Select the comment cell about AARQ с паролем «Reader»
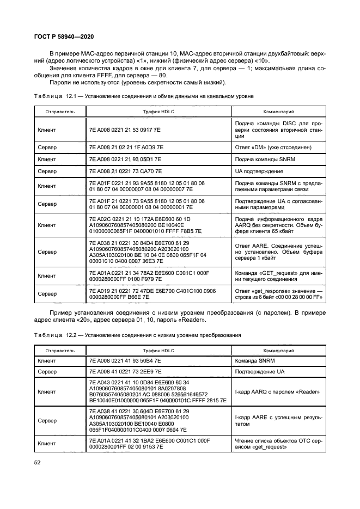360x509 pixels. [277, 392]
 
